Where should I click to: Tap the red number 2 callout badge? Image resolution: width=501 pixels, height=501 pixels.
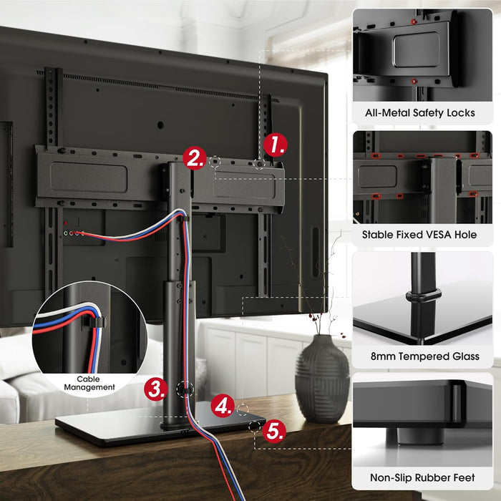pyautogui.click(x=194, y=157)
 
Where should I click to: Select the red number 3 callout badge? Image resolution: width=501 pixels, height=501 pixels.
pyautogui.click(x=156, y=389)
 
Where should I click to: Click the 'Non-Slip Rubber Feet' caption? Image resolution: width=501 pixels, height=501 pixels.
pyautogui.click(x=422, y=477)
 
